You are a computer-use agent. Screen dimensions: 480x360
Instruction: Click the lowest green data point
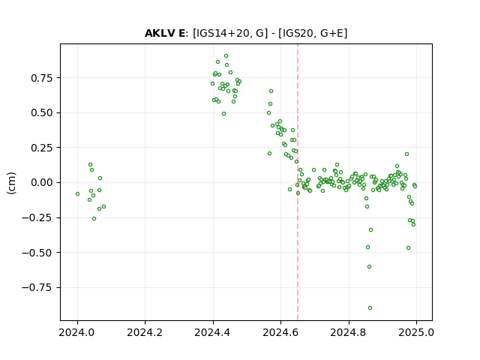(370, 307)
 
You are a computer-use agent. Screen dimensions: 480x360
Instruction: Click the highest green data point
(226, 56)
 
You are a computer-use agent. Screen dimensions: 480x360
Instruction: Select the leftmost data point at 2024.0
(77, 193)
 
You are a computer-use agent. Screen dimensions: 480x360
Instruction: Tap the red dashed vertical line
(298, 182)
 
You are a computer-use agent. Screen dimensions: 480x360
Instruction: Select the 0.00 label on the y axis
(42, 183)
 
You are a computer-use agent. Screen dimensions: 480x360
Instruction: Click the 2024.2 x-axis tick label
(145, 332)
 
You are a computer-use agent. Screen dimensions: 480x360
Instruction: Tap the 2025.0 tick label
(416, 332)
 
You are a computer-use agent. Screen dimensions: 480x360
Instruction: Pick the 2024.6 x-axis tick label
(280, 332)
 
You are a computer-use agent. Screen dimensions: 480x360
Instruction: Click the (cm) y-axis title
(11, 183)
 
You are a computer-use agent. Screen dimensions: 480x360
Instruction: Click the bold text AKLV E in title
(165, 33)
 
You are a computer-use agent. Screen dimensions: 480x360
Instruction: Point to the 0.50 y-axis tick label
(42, 113)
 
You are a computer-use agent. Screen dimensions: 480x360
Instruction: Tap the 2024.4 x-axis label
(212, 332)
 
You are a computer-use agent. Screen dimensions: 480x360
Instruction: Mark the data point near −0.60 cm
(369, 267)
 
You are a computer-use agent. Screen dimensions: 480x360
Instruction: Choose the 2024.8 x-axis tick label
(348, 332)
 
